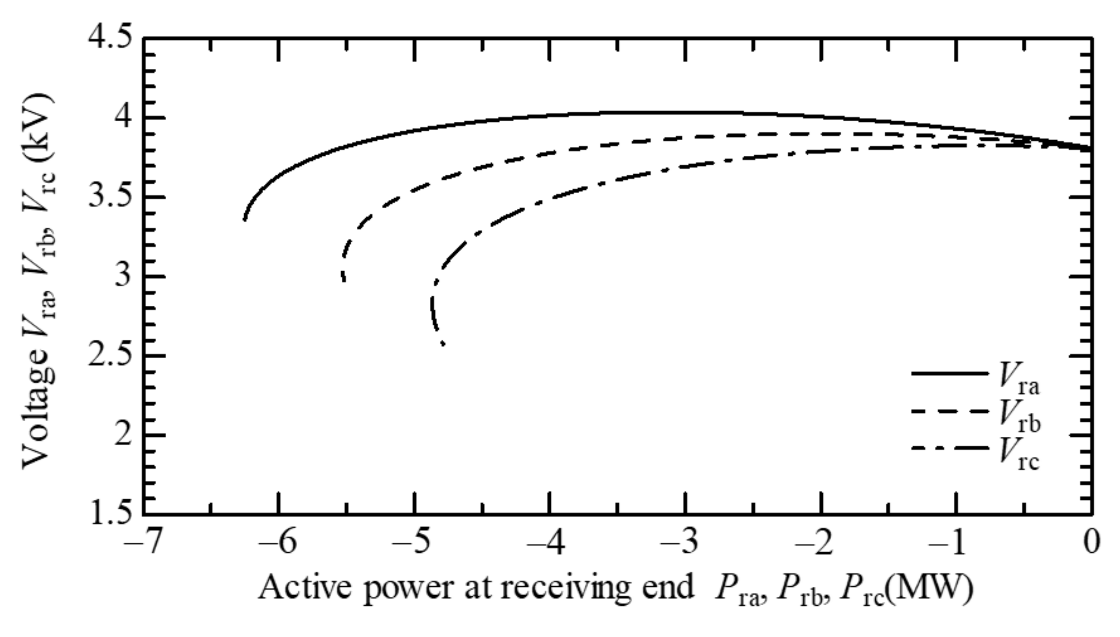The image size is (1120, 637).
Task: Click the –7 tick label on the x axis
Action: (142, 543)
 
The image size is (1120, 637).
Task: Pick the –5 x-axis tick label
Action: (414, 543)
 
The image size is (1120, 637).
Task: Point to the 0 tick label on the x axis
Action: (1092, 543)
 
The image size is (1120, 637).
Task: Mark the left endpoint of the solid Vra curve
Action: (244, 219)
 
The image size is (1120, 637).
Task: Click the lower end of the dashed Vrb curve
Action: (344, 281)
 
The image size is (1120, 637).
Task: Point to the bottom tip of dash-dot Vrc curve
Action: (443, 345)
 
